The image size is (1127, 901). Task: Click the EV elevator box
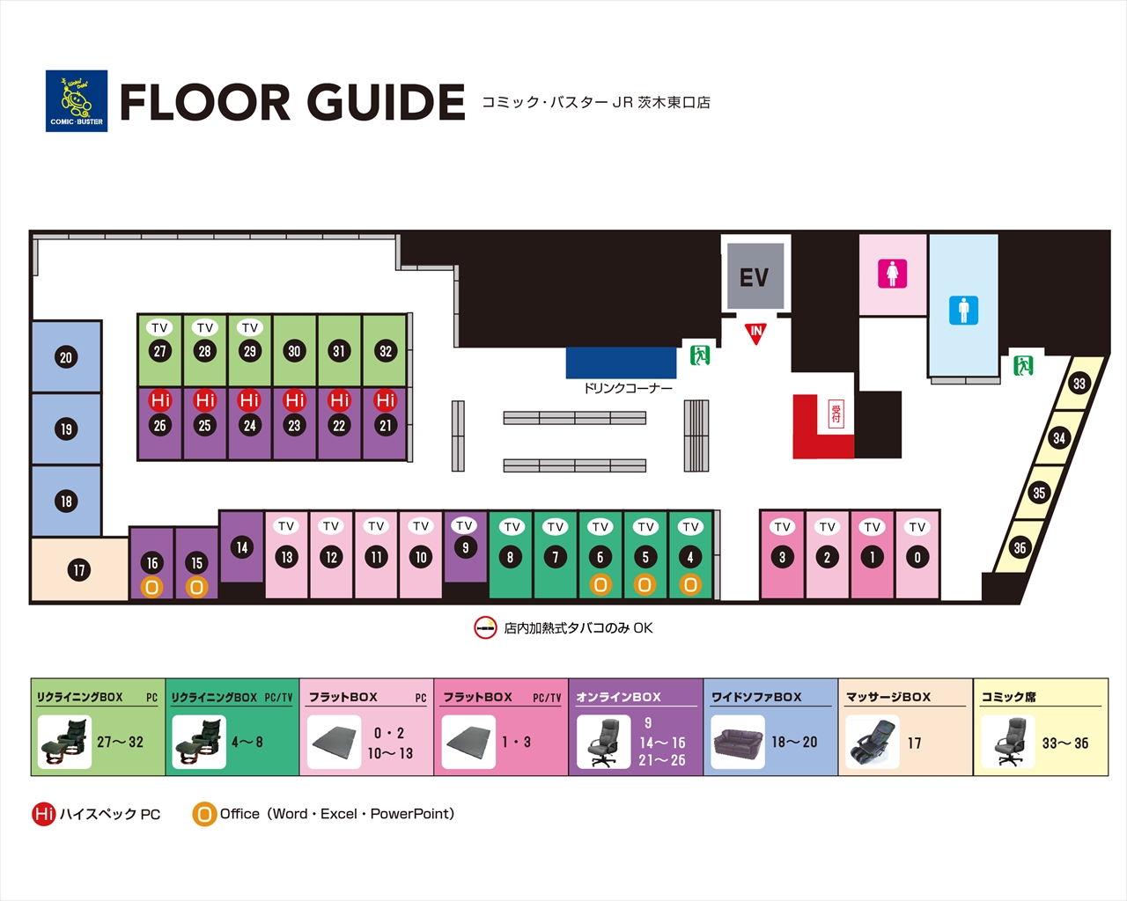755,276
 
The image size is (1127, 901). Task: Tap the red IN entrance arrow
755,333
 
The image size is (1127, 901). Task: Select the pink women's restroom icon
893,274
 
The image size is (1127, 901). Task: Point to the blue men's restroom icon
963,310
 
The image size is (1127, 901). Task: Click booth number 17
79,569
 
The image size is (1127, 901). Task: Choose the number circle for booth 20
66,357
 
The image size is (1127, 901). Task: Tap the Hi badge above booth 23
294,400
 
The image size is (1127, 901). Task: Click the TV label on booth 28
205,327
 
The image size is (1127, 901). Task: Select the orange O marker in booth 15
197,588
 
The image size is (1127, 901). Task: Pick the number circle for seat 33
1079,384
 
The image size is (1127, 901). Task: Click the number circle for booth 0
917,557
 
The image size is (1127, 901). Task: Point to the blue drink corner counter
621,363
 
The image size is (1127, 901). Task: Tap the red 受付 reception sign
836,414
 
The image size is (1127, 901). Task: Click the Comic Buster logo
77,101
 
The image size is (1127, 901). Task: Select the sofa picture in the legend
738,743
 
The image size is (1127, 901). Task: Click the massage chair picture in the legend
873,743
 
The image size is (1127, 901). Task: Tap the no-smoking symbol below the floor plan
485,627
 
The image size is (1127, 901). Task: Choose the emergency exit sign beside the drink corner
700,355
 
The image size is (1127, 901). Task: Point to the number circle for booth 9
465,547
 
